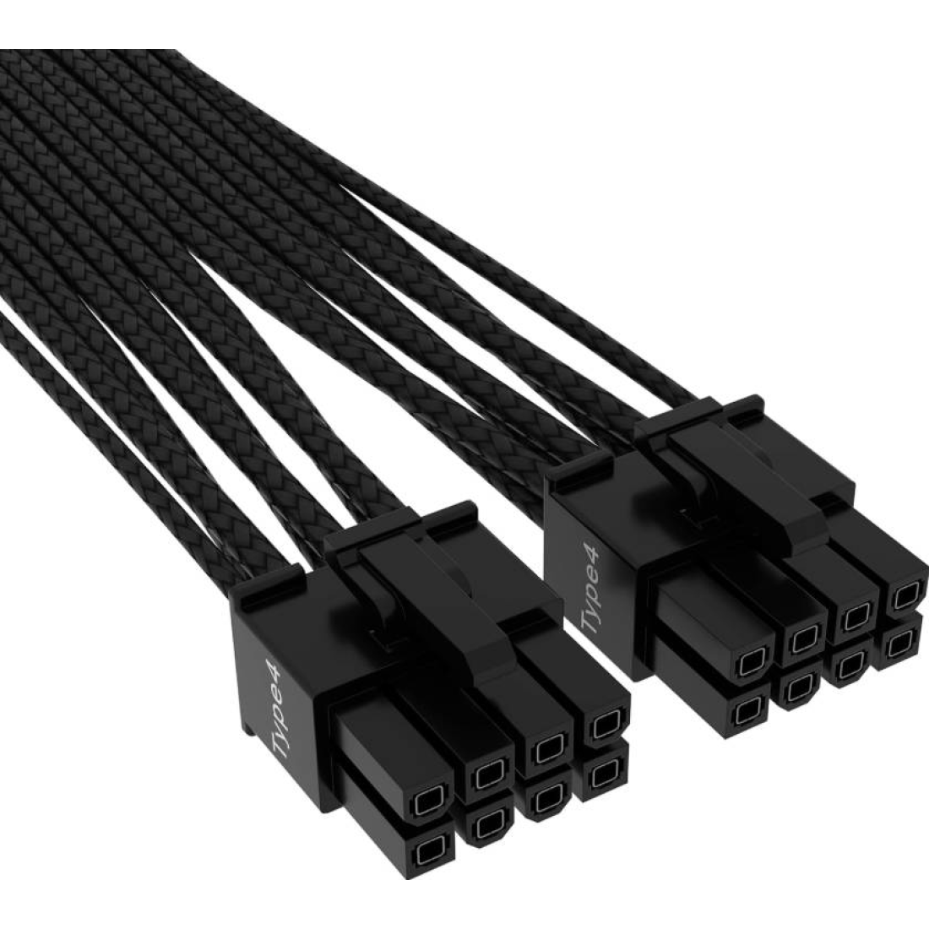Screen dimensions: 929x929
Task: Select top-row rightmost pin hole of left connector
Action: coord(602,725)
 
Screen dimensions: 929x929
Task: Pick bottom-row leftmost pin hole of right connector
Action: coord(748,714)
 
